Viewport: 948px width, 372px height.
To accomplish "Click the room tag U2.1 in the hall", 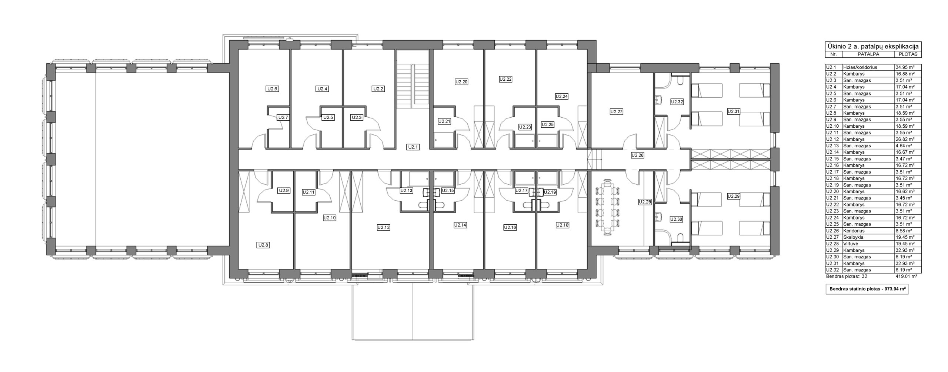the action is click(x=413, y=147).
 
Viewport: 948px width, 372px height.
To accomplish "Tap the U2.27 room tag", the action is click(x=617, y=111).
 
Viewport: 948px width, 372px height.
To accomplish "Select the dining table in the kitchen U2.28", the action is click(x=608, y=207).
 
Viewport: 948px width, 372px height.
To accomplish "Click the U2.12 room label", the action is click(x=384, y=228).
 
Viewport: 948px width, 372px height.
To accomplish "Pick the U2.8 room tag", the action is click(x=263, y=245).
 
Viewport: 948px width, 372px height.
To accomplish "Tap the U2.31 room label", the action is click(x=733, y=111).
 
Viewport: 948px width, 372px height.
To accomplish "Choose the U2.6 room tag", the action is click(x=272, y=89).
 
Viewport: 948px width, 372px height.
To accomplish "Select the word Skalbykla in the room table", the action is click(x=854, y=237).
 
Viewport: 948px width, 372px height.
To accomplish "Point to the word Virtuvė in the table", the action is click(x=851, y=244).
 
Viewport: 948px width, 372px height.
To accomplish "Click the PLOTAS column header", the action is click(x=908, y=54).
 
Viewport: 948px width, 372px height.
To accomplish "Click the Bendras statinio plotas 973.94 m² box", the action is click(x=867, y=289).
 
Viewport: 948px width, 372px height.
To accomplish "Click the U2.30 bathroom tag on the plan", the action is click(x=676, y=219).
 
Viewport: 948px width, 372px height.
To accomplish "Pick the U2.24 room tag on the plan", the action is click(x=561, y=96).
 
